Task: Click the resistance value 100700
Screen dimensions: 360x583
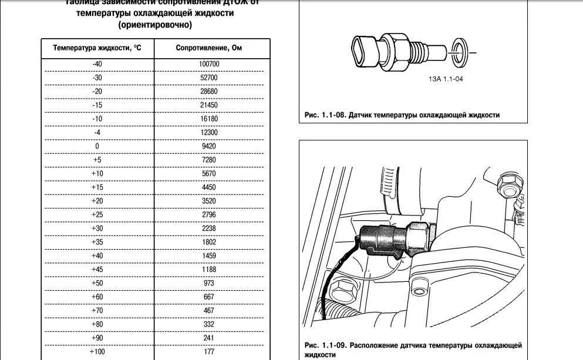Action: [208, 64]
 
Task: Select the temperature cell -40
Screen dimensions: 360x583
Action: [97, 64]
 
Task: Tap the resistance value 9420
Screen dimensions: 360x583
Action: [208, 146]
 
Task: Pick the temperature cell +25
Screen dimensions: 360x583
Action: [97, 215]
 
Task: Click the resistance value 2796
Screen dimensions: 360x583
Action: [208, 215]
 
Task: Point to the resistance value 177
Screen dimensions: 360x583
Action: [208, 352]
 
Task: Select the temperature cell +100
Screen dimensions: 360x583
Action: [97, 352]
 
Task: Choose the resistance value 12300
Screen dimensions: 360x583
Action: [208, 133]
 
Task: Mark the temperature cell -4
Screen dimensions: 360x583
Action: [97, 133]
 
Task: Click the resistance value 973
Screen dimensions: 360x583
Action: [208, 283]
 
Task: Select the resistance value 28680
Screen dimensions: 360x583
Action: [208, 92]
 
